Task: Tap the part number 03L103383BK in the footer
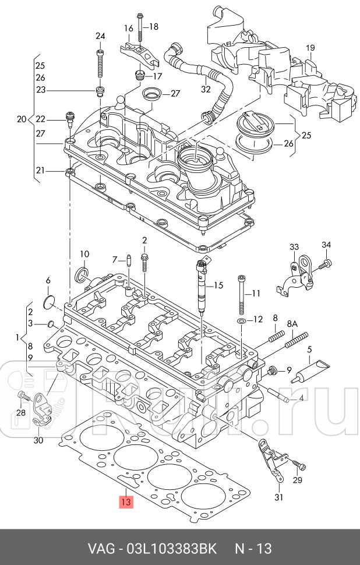pyautogui.click(x=169, y=549)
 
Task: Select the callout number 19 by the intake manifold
pyautogui.click(x=310, y=48)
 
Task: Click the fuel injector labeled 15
pyautogui.click(x=202, y=285)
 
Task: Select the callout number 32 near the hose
pyautogui.click(x=205, y=89)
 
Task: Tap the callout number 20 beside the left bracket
pyautogui.click(x=22, y=119)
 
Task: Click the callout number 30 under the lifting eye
pyautogui.click(x=38, y=440)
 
